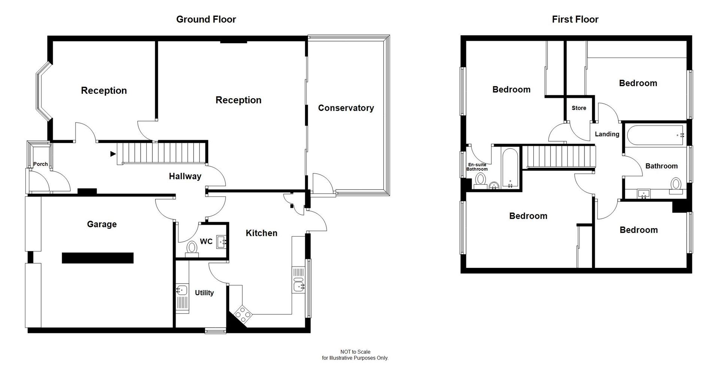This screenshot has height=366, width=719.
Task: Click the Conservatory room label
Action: tap(346, 108)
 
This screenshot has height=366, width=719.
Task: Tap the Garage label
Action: tap(102, 224)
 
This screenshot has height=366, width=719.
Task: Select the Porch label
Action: tap(40, 164)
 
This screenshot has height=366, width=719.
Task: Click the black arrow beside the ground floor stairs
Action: tap(113, 154)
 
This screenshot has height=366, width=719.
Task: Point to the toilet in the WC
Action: tap(192, 248)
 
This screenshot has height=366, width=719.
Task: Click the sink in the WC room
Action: tap(222, 242)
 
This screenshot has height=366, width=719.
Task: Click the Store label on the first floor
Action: tap(579, 108)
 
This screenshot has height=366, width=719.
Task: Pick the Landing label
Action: tap(607, 134)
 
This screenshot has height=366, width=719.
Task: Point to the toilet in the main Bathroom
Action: tap(676, 185)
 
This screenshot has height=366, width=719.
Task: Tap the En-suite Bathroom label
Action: tap(477, 167)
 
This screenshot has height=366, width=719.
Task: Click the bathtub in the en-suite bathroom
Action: tap(510, 168)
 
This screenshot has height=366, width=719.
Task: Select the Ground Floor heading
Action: tap(206, 19)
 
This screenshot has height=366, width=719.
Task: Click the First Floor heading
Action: tap(575, 19)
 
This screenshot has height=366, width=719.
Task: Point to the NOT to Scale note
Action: tap(355, 352)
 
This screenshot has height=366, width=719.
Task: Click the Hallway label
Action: tap(185, 176)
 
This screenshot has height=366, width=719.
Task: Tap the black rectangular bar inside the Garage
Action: tap(98, 258)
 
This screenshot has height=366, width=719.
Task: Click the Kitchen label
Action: tap(261, 233)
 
